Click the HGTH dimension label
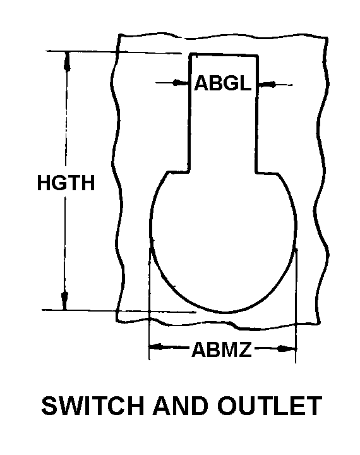[66, 183]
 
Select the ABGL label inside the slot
[223, 83]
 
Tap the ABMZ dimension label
[221, 349]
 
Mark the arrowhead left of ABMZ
[157, 346]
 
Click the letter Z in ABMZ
[244, 349]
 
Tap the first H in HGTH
[44, 183]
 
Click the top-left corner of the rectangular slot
[190, 54]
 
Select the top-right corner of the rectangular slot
[257, 56]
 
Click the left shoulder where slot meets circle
[189, 171]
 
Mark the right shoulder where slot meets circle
[256, 173]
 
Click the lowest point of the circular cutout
[225, 313]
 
